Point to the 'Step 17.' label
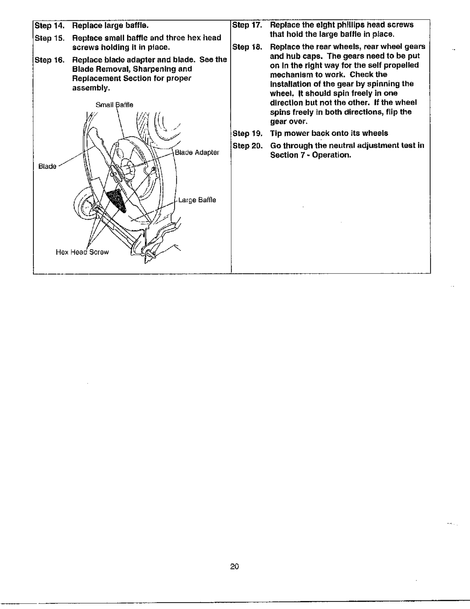[x=247, y=25]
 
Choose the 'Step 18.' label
[x=247, y=47]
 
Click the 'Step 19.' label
[x=247, y=134]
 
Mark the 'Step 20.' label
[x=247, y=146]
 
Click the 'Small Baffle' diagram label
[x=114, y=105]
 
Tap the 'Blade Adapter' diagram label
[x=197, y=153]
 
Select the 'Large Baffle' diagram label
[x=197, y=200]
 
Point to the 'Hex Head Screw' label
[x=82, y=252]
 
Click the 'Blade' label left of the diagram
[x=47, y=166]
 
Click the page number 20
[x=234, y=566]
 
